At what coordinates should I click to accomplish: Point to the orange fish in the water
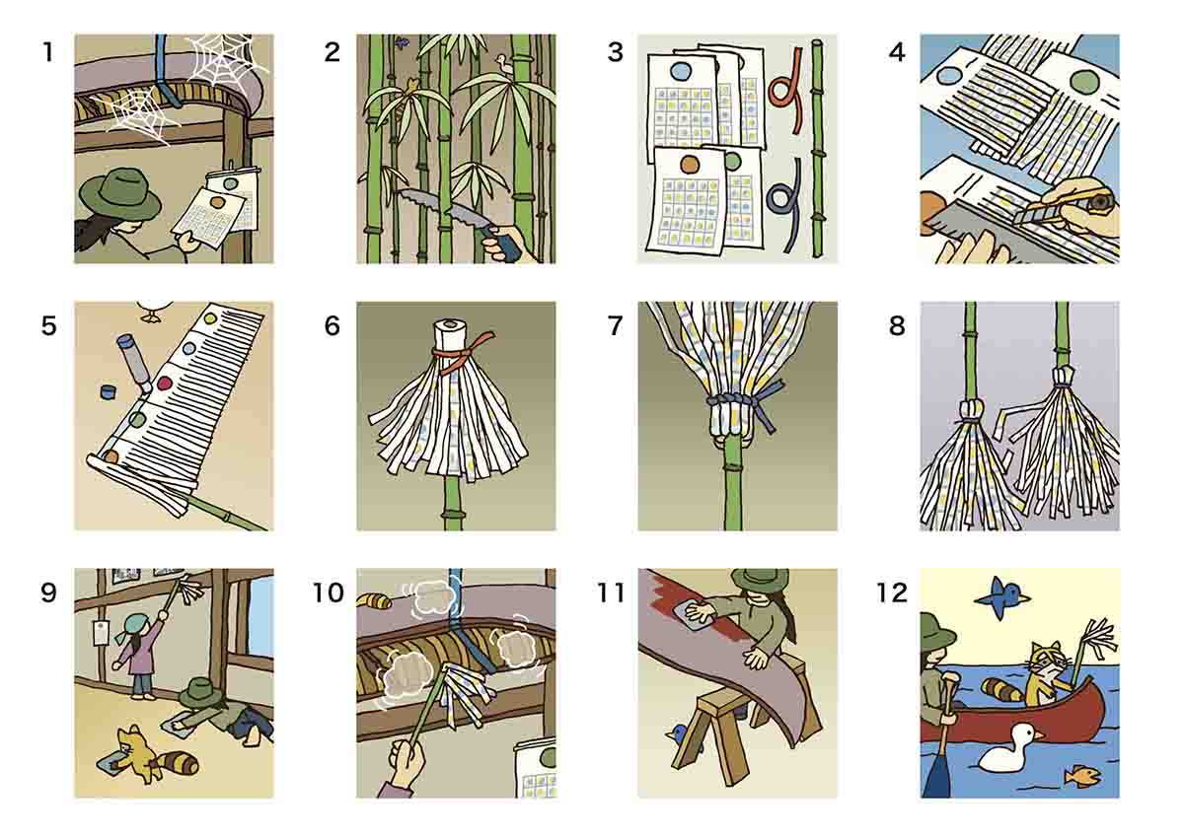point(1081,777)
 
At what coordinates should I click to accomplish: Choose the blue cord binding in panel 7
point(737,402)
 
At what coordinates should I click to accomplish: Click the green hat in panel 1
point(119,193)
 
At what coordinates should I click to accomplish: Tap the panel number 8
point(896,325)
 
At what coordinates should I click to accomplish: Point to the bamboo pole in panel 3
point(817,148)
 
